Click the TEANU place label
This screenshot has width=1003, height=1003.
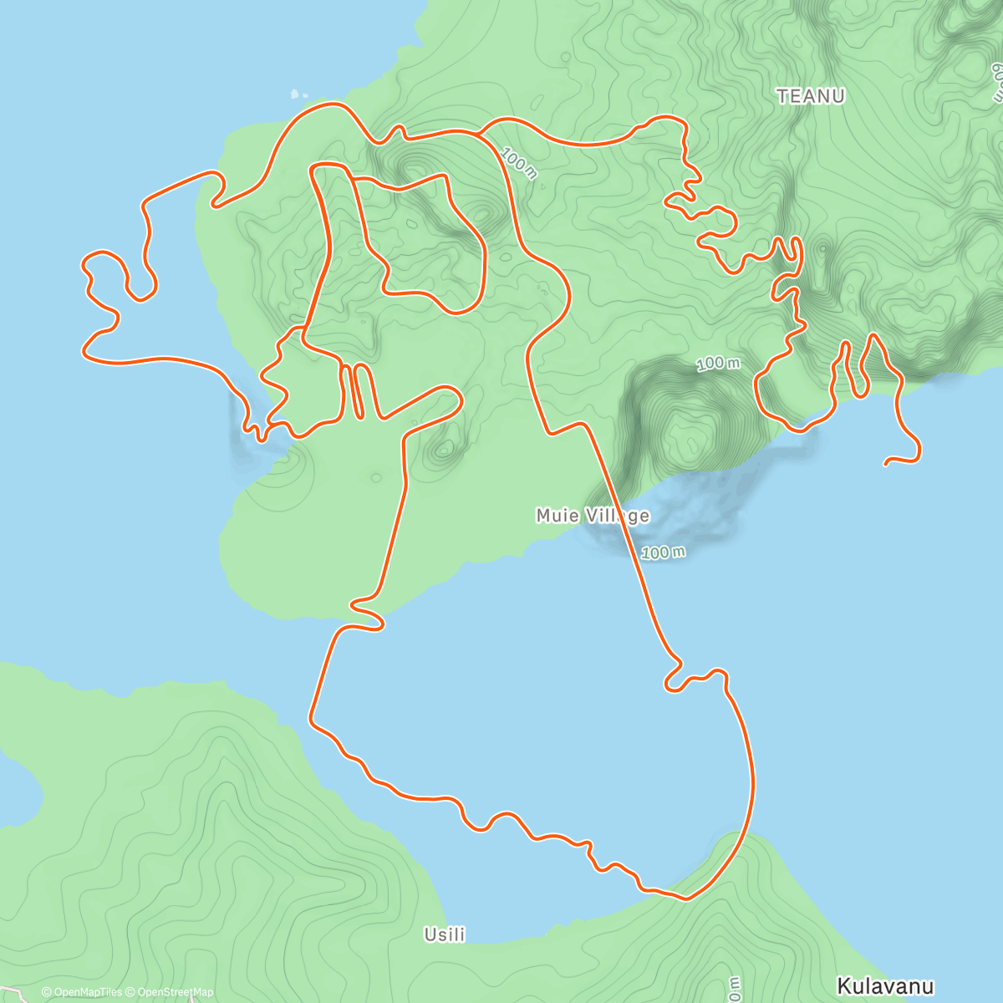[x=811, y=96]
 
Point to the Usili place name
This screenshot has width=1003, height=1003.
[x=445, y=934]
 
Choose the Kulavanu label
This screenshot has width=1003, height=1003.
[x=885, y=985]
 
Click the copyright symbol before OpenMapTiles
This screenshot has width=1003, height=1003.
[x=46, y=992]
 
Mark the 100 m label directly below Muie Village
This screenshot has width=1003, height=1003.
[x=664, y=552]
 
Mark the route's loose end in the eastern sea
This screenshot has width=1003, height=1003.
[x=886, y=461]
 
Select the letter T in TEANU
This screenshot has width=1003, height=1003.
[x=782, y=96]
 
